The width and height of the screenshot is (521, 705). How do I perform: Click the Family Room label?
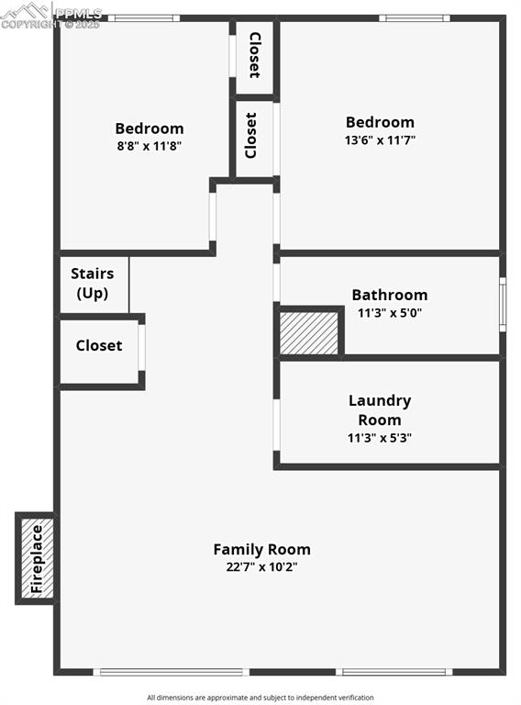point(261,549)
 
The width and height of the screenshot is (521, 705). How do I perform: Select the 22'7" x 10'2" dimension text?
point(261,567)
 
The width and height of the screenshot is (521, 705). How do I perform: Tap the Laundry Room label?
point(379,410)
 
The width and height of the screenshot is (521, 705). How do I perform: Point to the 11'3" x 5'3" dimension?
point(379,438)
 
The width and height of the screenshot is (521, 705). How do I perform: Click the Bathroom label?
point(390,295)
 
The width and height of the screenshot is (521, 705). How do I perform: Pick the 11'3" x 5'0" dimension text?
point(390,313)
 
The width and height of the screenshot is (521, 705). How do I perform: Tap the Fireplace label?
point(37,558)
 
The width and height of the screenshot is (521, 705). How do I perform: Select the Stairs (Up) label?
point(93,284)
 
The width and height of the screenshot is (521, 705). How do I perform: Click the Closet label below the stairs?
point(99,346)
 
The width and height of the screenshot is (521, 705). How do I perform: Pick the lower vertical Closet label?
point(251,135)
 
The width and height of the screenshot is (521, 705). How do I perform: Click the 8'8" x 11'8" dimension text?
point(149,146)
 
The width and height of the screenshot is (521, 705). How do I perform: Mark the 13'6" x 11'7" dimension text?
point(380,140)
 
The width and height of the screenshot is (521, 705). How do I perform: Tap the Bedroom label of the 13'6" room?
point(380,122)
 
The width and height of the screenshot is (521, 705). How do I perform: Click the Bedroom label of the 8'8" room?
point(149,129)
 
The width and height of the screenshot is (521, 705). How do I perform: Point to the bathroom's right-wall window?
point(502,304)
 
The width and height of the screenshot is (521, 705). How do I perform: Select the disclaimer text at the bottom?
point(260,698)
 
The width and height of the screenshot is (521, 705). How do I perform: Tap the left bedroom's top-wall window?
point(144,17)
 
